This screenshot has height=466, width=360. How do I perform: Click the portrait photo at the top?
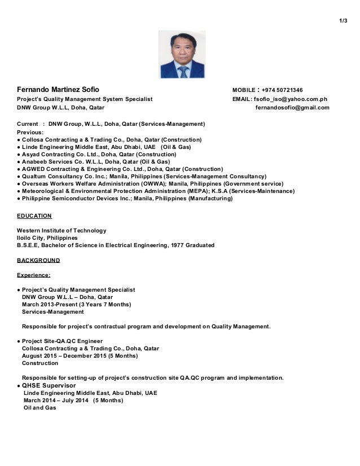(182, 54)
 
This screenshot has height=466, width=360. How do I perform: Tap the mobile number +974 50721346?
(282, 90)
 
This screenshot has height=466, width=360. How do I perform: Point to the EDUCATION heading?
(34, 216)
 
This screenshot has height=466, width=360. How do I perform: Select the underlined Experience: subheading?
(34, 275)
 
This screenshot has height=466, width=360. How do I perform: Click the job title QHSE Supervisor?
(48, 385)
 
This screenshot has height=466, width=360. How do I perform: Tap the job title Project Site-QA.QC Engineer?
(62, 341)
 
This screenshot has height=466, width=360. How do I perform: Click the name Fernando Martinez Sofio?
(58, 90)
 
